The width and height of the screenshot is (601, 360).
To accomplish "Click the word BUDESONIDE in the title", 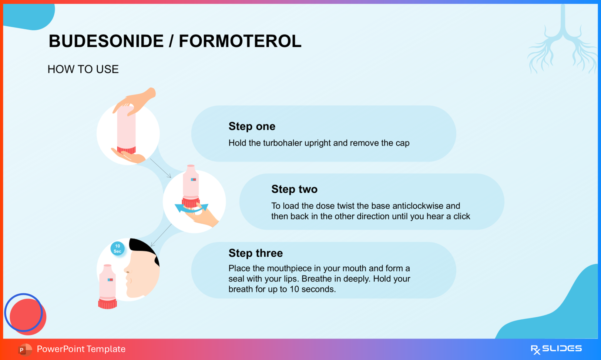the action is tap(106, 41).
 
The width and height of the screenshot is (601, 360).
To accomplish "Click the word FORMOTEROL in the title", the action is tap(240, 41).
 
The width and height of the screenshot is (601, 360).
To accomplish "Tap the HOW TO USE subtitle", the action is tap(83, 69).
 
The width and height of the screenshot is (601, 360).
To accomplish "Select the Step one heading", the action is tap(252, 126).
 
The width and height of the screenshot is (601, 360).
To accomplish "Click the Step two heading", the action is tap(294, 189).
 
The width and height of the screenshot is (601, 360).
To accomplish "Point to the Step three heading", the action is tap(255, 253).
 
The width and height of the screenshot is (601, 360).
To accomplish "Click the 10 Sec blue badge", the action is tap(118, 249).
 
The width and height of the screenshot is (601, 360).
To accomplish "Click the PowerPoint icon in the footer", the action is tap(25, 349).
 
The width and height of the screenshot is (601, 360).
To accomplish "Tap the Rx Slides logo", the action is tap(556, 349).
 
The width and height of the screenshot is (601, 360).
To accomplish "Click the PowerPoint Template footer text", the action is tap(81, 349).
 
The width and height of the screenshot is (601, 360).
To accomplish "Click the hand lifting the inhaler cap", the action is tap(134, 101).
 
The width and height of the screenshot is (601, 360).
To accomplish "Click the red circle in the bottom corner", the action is tap(28, 317).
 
